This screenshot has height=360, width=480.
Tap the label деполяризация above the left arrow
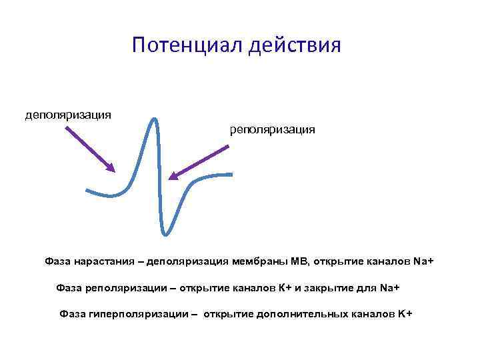click(68, 115)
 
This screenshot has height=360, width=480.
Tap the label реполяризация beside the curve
click(272, 129)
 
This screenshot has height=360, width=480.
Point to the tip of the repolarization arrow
click(169, 179)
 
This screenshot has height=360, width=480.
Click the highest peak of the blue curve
click(155, 119)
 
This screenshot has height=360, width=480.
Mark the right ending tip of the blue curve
click(231, 175)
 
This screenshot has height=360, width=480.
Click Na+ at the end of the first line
click(423, 262)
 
